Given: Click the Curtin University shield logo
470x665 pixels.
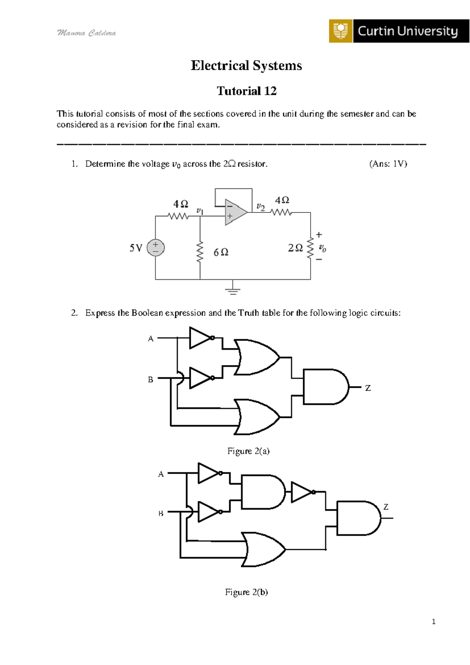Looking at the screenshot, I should tap(341, 31).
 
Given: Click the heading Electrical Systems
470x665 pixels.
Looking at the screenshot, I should tap(246, 65).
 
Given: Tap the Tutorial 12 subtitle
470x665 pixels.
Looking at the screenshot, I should tap(247, 91).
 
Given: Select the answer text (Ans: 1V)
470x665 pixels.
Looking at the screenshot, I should tap(388, 164).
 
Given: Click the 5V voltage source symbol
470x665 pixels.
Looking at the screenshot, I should tap(155, 248).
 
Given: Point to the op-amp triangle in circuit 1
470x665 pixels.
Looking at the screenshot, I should tap(235, 213).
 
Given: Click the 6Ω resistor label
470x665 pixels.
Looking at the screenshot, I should tap(221, 252).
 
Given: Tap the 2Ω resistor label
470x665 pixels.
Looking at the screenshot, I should tap(295, 248).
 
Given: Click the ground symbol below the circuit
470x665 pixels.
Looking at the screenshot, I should tap(233, 291).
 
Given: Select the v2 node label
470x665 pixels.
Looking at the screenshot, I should tap(260, 207).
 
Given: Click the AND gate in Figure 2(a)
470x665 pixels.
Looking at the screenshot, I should tap(325, 387).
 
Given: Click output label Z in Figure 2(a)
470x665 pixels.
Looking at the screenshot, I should tap(368, 388).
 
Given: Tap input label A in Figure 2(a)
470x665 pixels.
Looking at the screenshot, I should tap(151, 339).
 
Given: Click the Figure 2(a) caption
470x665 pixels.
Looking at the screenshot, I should tap(248, 451).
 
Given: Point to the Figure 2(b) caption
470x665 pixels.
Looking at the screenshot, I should tap(246, 592).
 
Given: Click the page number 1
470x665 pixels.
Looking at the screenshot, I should tap(434, 621).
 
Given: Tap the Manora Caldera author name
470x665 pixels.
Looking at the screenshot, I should tap(87, 33).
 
